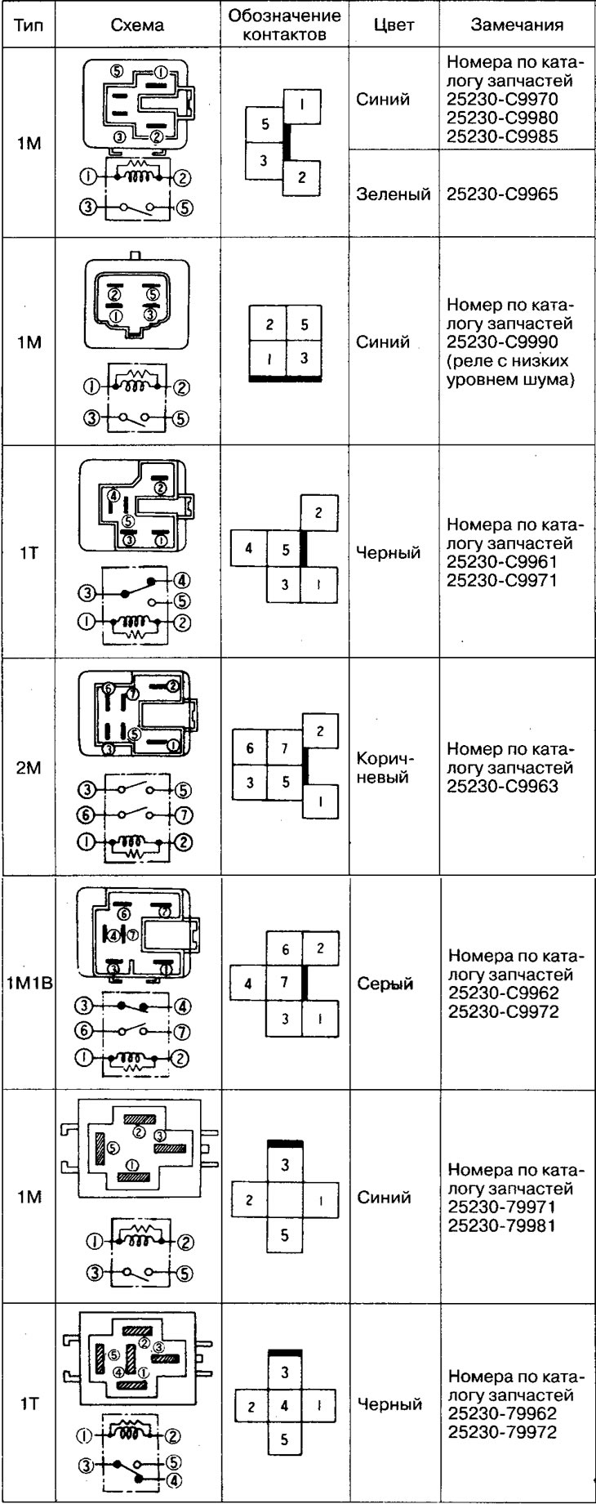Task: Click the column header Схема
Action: pyautogui.click(x=136, y=25)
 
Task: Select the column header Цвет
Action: pyautogui.click(x=394, y=25)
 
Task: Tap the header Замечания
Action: pyautogui.click(x=517, y=25)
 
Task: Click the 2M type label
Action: pyautogui.click(x=29, y=767)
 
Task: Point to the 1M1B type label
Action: pyautogui.click(x=29, y=984)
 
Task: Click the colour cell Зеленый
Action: pyautogui.click(x=394, y=194)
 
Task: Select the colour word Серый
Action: pyautogui.click(x=385, y=984)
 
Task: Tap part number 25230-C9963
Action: pyautogui.click(x=503, y=786)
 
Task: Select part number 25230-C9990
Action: pyautogui.click(x=503, y=342)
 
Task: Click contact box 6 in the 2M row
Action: pyautogui.click(x=250, y=748)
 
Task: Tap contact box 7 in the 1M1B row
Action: pyautogui.click(x=284, y=983)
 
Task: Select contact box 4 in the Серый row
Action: pyautogui.click(x=248, y=984)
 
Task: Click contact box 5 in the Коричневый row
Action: pyautogui.click(x=285, y=782)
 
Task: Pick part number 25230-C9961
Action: pyautogui.click(x=503, y=563)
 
